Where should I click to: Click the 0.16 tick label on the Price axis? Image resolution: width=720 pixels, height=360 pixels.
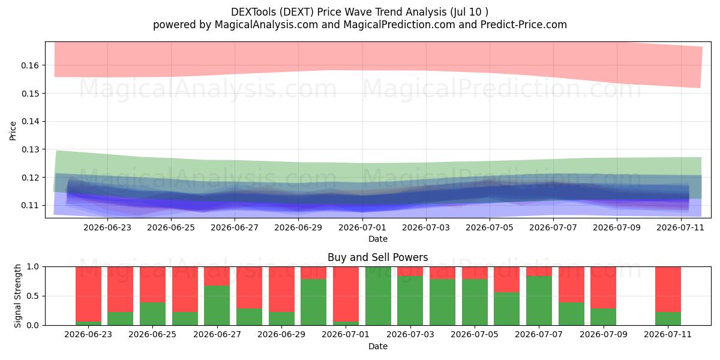(29, 65)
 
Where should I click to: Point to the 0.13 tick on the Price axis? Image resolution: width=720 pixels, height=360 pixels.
(29, 149)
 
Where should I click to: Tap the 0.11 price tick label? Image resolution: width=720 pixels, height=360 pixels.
(29, 205)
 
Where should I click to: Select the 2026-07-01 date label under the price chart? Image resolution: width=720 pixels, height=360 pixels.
(362, 227)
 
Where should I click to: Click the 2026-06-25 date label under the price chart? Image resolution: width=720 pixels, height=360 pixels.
(171, 227)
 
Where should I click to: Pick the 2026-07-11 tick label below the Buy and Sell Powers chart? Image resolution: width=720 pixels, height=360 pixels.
(668, 335)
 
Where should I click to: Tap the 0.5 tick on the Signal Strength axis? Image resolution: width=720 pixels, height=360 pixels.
(33, 296)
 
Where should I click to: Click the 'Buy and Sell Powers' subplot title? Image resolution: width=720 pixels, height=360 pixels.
(377, 257)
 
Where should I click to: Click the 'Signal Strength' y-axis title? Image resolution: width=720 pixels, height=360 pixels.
(17, 296)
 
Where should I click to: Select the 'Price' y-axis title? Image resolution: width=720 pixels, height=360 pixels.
(13, 131)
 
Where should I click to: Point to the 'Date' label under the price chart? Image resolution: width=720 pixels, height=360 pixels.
(378, 239)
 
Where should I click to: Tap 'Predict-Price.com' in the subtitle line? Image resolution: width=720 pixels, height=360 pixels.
(524, 25)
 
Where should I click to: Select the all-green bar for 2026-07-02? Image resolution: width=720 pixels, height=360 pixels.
(378, 296)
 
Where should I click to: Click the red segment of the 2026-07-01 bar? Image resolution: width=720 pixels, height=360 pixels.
(346, 294)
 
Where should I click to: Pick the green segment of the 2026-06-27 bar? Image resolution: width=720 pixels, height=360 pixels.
(217, 305)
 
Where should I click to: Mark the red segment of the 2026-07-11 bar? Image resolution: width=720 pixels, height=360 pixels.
(668, 289)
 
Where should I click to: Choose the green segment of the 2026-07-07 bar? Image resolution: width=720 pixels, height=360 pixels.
(539, 301)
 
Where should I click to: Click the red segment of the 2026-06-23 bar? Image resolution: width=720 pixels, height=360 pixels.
(88, 294)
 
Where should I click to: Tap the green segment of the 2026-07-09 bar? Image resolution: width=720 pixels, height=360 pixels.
(604, 317)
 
